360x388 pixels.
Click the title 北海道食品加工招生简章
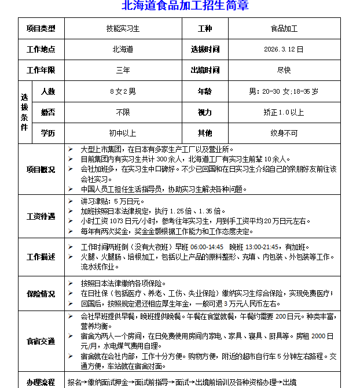(x=185, y=6)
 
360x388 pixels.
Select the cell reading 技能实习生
(x=123, y=28)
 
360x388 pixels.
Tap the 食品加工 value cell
(x=284, y=28)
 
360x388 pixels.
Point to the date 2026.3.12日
(x=284, y=50)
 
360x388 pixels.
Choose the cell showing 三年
(x=123, y=71)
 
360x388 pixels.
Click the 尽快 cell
(x=284, y=71)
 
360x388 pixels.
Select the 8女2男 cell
(x=123, y=91)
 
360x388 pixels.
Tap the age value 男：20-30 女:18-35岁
(x=284, y=91)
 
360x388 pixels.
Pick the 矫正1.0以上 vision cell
(x=284, y=112)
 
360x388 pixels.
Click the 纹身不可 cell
(x=284, y=133)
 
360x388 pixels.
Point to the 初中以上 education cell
(x=123, y=133)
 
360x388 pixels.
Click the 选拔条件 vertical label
(x=24, y=112)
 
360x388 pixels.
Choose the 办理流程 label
(x=41, y=382)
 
